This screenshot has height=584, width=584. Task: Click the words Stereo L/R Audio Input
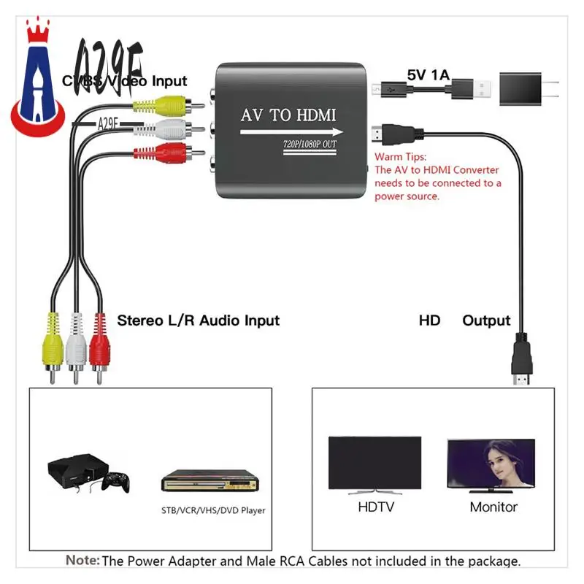[198, 320]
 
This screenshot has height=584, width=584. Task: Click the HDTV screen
[374, 464]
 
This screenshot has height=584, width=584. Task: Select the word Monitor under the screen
[493, 507]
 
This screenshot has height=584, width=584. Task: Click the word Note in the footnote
[82, 561]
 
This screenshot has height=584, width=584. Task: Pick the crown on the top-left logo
[36, 33]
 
